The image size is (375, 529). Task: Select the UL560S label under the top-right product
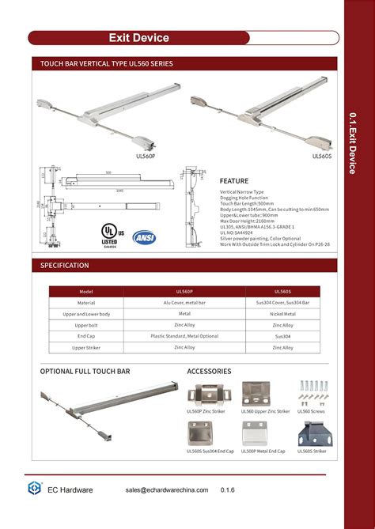(321, 156)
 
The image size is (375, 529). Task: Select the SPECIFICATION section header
(65, 266)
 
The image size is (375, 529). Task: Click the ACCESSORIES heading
(209, 371)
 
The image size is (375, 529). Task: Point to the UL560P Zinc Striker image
(208, 393)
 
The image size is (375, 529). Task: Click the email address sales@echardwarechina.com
(167, 490)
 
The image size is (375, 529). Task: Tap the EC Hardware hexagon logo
(35, 489)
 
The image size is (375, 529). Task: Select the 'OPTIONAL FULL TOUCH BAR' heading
(85, 371)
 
